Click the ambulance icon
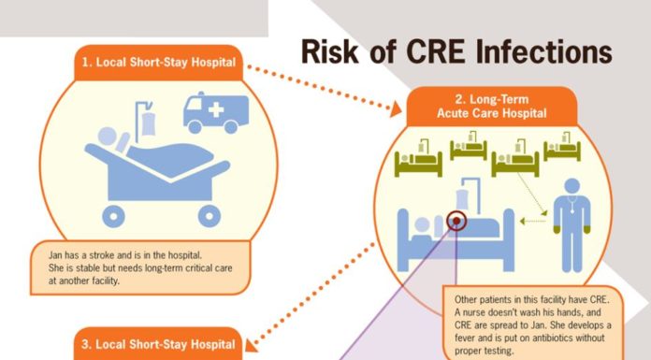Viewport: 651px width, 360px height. tap(216, 113)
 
